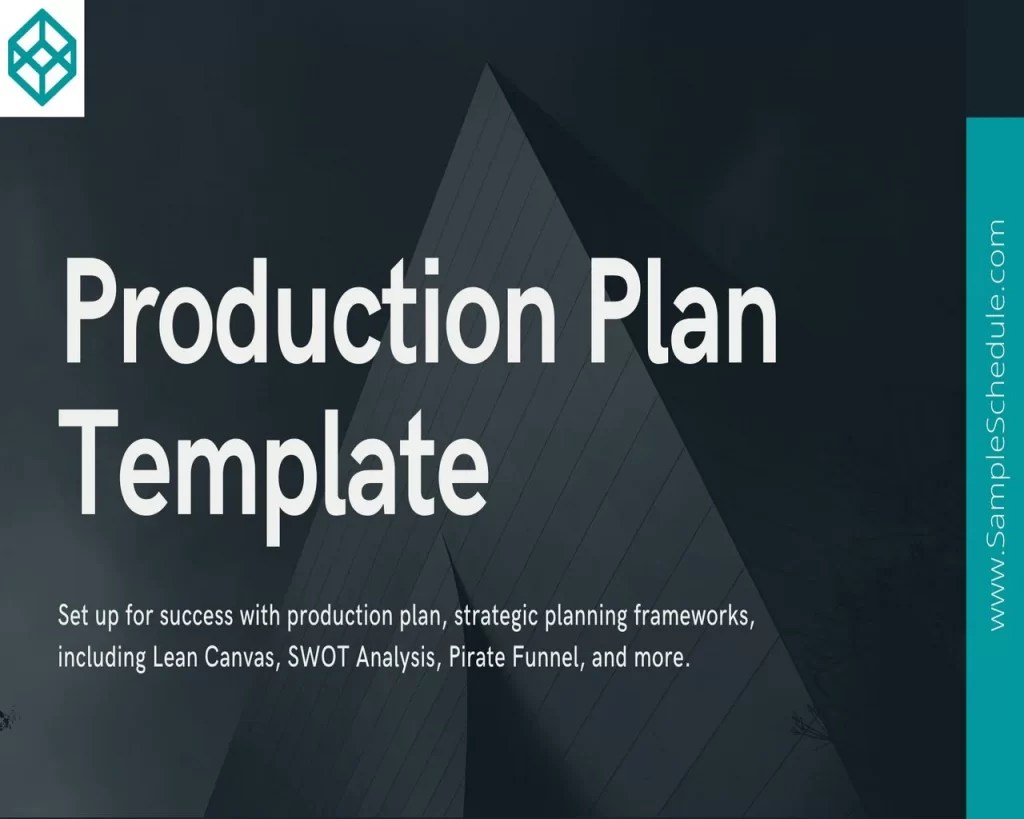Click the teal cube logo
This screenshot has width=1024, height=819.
(41, 57)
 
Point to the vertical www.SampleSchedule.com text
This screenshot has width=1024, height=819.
(995, 426)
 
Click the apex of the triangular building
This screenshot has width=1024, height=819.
(488, 68)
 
